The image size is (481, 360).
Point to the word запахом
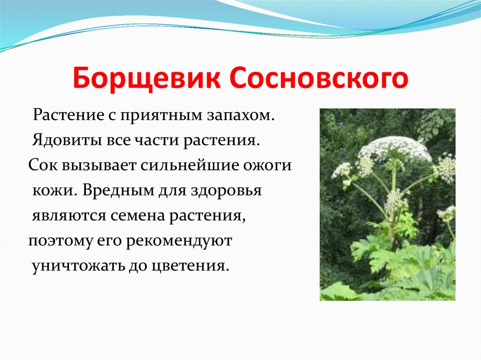coord(240,116)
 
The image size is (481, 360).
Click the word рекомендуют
coord(179,241)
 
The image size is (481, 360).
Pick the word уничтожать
coord(78,266)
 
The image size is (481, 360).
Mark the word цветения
coord(190,266)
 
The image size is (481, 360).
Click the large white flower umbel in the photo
coord(396,149)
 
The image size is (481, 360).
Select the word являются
coord(70,216)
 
